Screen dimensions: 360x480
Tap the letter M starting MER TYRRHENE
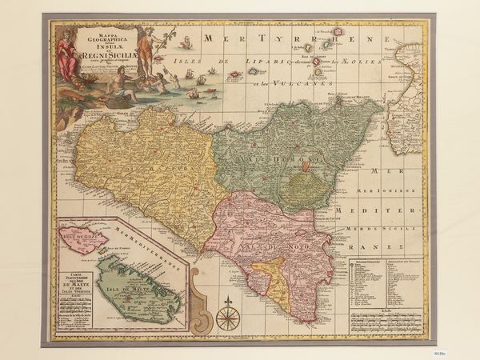210,38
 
